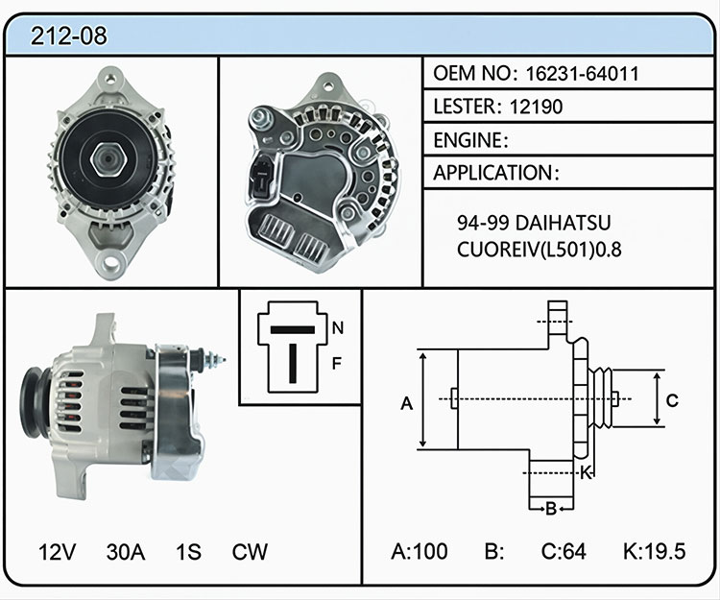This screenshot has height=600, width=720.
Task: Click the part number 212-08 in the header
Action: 68,36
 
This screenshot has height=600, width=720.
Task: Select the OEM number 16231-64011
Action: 582,74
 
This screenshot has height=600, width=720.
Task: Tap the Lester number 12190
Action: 536,107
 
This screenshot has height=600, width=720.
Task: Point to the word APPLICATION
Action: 493,173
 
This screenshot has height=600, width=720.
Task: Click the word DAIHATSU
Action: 564,223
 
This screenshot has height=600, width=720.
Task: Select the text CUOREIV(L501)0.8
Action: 540,250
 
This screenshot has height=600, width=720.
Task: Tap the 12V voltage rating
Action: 58,552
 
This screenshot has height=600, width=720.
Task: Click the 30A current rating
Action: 126,552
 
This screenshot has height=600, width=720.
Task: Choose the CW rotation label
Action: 250,552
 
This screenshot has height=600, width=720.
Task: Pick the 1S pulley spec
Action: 188,552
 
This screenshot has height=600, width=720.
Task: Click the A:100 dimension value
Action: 420,551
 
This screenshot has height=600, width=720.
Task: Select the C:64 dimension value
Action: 564,551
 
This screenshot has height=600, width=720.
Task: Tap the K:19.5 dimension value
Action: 655,551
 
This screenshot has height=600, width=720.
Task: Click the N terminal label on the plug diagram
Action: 338,327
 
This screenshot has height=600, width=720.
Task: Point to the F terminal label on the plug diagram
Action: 337,364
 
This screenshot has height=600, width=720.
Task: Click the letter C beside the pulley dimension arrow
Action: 672,400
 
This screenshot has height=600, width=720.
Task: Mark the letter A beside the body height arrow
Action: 407,403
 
